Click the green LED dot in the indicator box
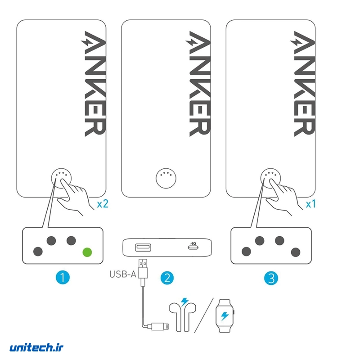[87, 252]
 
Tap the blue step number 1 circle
[63, 277]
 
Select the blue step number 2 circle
[167, 278]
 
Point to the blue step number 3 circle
[271, 278]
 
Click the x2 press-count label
[103, 204]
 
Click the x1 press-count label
[311, 204]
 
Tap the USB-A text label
[123, 274]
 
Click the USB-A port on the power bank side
[143, 247]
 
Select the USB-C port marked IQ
[193, 247]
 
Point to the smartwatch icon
[225, 316]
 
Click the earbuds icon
[183, 317]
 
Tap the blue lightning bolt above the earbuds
[184, 301]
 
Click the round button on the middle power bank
[166, 178]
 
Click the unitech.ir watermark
[36, 347]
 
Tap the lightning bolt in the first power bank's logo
[86, 42]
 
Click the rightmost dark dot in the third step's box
[296, 252]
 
